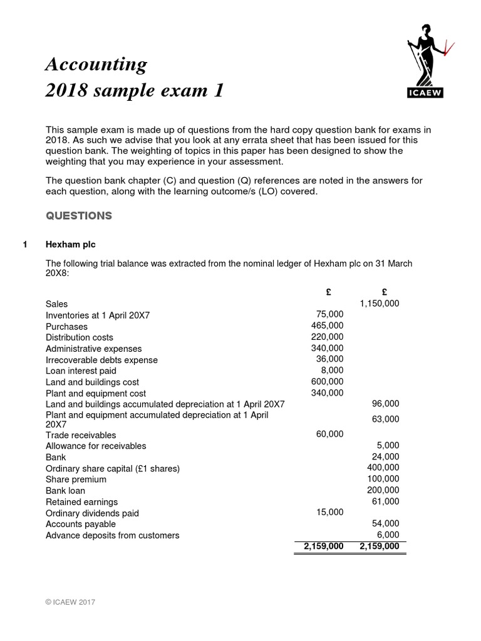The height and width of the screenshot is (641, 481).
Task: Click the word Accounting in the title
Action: click(96, 64)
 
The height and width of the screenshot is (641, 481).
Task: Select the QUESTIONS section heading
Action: click(79, 216)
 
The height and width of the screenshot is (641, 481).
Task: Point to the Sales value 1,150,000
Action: click(379, 304)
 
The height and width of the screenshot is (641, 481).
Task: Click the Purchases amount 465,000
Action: click(327, 326)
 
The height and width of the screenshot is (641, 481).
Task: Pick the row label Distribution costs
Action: click(80, 337)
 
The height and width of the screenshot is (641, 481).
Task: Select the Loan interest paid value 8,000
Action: click(333, 371)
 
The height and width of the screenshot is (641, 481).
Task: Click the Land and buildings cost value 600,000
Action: click(327, 382)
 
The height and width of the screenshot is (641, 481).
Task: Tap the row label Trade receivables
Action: click(81, 435)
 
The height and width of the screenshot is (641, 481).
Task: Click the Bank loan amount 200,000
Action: click(383, 490)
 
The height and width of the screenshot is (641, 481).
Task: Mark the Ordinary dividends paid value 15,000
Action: click(329, 513)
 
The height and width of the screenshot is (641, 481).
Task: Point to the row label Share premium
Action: click(76, 479)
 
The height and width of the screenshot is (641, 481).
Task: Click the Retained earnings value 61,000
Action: click(385, 501)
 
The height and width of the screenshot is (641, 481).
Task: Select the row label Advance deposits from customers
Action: click(113, 535)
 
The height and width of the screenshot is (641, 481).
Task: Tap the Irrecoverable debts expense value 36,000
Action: click(329, 359)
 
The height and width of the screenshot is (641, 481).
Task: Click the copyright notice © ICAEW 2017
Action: click(70, 602)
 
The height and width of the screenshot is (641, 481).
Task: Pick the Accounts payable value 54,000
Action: click(385, 523)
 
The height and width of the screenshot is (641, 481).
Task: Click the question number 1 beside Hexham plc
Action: click(25, 245)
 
